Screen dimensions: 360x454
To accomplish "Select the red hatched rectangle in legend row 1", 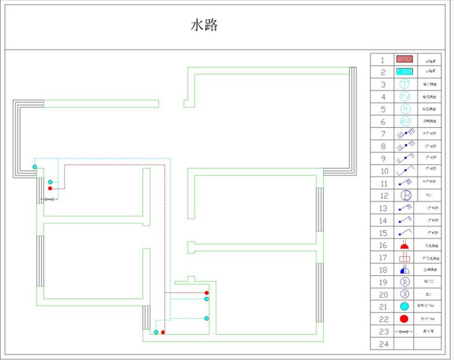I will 404,59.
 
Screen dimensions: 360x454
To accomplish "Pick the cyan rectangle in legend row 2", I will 404,72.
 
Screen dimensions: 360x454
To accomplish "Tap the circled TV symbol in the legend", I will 404,97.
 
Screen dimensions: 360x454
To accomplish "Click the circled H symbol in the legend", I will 404,109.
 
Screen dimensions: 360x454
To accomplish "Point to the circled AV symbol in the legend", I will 404,122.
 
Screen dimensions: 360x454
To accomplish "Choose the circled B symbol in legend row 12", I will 406,196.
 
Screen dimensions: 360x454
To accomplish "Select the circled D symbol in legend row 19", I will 405,282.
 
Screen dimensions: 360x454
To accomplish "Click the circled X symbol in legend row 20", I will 405,294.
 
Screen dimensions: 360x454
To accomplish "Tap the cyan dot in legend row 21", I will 404,306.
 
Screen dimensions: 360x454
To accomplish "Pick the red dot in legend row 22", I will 404,319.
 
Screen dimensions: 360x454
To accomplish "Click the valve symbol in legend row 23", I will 404,332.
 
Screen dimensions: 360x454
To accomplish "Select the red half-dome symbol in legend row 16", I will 404,245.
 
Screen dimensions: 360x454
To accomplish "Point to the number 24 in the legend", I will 382,344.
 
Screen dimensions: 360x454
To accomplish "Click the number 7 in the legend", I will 382,134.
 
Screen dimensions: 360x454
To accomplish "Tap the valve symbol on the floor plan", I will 50,200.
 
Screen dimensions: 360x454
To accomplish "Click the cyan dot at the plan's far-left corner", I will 35,167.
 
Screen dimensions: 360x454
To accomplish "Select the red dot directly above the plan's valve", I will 50,188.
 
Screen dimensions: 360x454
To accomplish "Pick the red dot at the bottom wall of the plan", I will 163,332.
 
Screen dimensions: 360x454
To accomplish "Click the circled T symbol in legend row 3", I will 404,85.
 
